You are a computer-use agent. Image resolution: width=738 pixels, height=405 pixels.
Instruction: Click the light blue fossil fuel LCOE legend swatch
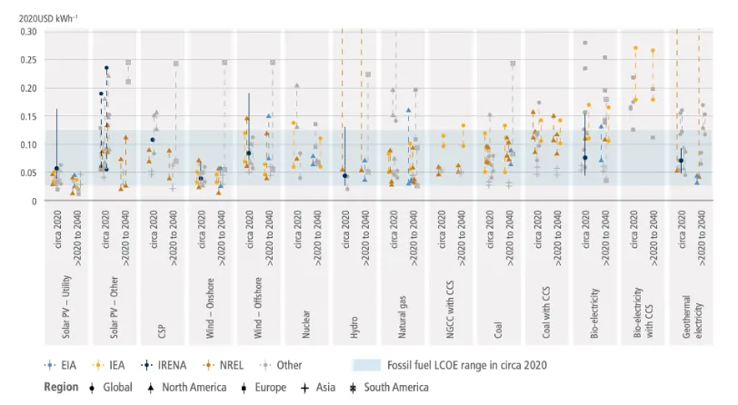tap(366, 364)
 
